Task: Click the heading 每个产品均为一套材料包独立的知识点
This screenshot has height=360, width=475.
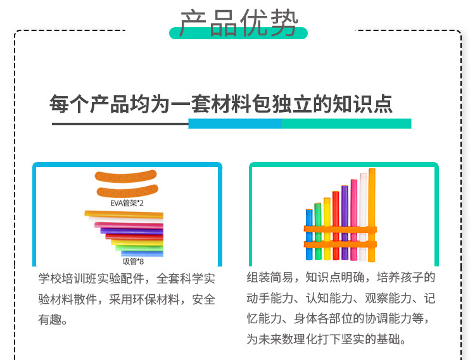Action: click(x=221, y=104)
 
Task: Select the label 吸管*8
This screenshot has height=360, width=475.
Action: click(x=133, y=261)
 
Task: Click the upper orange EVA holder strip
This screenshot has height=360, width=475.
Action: click(x=125, y=176)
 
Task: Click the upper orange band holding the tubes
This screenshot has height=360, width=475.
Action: click(x=339, y=228)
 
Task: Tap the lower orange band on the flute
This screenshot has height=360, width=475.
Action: click(x=339, y=244)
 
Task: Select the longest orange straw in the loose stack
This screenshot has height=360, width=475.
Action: click(x=123, y=215)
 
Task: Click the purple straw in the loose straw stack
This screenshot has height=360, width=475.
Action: click(x=129, y=230)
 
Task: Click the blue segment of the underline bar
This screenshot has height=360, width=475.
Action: click(x=234, y=123)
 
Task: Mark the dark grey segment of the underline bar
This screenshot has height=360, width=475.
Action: click(x=120, y=123)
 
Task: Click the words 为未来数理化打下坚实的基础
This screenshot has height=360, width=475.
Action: click(x=326, y=339)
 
